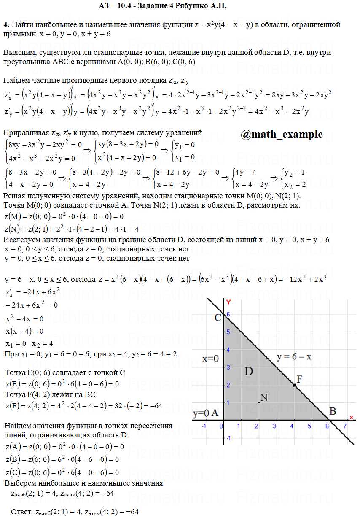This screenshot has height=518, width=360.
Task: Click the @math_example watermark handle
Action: pyautogui.click(x=282, y=134)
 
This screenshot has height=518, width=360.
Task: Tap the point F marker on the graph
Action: pyautogui.click(x=294, y=385)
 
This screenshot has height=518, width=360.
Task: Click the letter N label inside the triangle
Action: pyautogui.click(x=264, y=397)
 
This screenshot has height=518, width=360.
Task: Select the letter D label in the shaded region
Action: pyautogui.click(x=249, y=371)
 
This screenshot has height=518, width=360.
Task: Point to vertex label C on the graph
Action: pyautogui.click(x=218, y=317)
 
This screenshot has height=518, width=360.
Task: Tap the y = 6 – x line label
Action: pyautogui.click(x=294, y=357)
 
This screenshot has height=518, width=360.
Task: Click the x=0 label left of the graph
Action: pyautogui.click(x=210, y=359)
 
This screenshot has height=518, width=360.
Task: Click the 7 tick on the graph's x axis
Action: pyautogui.click(x=344, y=426)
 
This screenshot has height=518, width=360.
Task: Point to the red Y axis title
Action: pyautogui.click(x=228, y=302)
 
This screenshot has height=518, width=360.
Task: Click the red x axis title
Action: pyautogui.click(x=351, y=418)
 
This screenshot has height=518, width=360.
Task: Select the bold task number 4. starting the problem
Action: pyautogui.click(x=6, y=25)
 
